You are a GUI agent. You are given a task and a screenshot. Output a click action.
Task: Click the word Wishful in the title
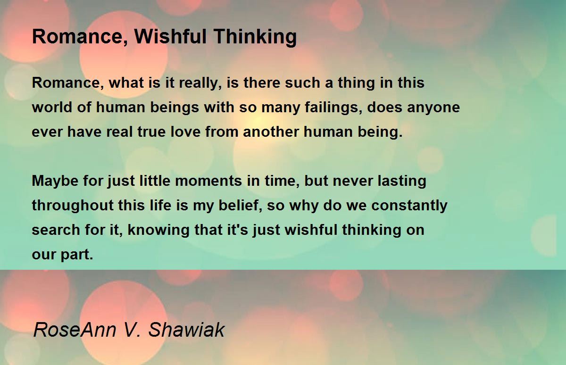[171, 36]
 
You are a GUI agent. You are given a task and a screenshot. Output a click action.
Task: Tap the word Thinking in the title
[255, 37]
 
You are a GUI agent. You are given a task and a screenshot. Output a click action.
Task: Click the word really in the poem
[200, 83]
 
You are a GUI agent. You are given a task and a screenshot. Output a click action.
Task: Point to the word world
[52, 107]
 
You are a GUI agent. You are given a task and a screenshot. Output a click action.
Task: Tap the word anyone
[433, 108]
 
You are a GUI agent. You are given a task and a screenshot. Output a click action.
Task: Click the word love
[185, 132]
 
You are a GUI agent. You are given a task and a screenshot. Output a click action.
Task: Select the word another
[271, 132]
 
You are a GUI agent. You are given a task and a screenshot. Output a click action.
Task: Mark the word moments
[208, 181]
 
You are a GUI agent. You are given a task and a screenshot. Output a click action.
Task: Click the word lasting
[402, 182]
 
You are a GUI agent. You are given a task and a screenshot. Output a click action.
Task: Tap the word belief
[240, 205]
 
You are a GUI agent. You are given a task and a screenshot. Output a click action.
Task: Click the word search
[56, 230]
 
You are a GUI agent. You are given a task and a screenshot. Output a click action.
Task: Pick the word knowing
[158, 231]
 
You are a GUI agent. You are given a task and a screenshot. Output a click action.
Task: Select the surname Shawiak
[186, 330]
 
